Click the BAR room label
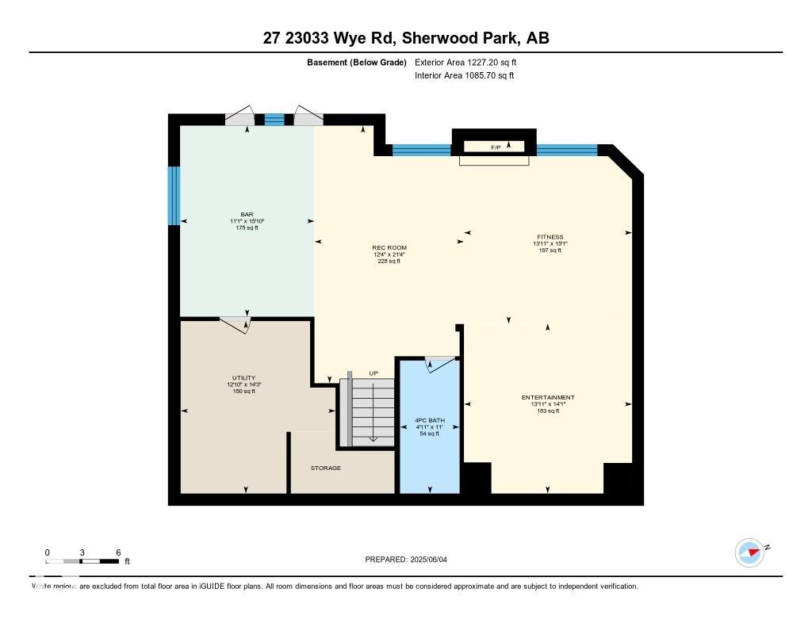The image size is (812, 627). tap(247, 214)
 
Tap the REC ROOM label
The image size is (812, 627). tap(389, 247)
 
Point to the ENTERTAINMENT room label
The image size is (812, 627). tap(548, 397)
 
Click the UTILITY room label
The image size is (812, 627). tap(243, 378)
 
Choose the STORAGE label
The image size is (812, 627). tap(326, 468)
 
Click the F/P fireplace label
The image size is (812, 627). tap(496, 147)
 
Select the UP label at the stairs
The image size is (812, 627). tap(373, 373)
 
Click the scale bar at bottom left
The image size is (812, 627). tap(82, 561)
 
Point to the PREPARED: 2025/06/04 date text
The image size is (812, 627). tap(411, 559)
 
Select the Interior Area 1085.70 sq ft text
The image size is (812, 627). tap(465, 75)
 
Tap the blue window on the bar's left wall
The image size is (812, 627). tap(174, 195)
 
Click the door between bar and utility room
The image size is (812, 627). tap(236, 323)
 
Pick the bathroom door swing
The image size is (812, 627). tap(441, 363)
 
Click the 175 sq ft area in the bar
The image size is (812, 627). tap(247, 227)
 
